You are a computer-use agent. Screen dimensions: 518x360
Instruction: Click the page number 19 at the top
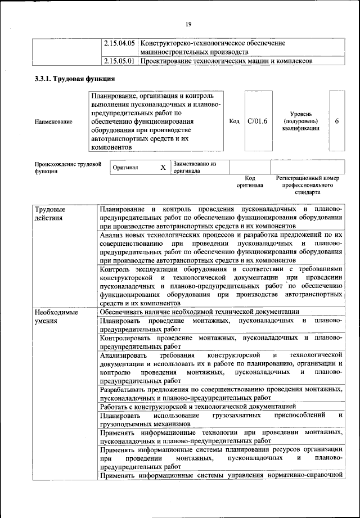188,23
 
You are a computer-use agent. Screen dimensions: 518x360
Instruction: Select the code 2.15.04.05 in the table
120,43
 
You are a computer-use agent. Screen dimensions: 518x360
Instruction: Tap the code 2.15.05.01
120,61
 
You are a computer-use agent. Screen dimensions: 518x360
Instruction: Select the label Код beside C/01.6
234,121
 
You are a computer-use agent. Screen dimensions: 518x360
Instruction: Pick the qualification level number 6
336,121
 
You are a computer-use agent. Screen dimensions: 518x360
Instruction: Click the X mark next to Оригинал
163,168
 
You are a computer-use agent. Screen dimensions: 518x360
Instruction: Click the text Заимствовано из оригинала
195,167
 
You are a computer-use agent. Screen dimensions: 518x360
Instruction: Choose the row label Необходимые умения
55,316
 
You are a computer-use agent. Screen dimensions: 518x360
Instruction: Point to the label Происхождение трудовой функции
67,168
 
